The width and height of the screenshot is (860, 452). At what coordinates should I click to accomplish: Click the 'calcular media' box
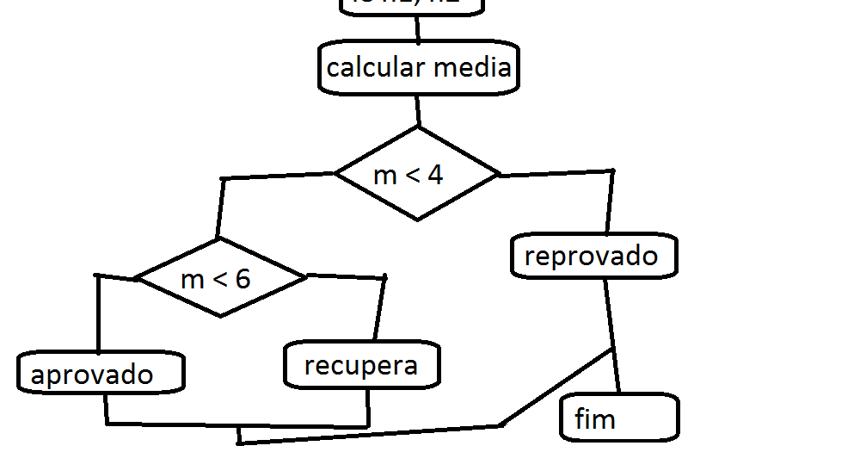tap(419, 68)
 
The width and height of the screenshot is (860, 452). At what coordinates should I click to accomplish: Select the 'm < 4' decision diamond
tap(417, 174)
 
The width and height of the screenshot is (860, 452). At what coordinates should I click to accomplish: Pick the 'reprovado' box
tap(593, 257)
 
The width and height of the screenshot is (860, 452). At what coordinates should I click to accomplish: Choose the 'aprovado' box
tap(101, 374)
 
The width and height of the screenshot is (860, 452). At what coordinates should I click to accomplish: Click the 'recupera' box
tap(362, 365)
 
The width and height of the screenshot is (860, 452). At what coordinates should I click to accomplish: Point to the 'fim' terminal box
tap(619, 418)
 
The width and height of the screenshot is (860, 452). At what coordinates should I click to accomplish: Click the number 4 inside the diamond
tap(435, 175)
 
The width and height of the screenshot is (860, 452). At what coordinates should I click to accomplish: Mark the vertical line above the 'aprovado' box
tap(99, 314)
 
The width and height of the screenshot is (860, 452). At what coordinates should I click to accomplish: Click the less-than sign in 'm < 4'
tap(411, 176)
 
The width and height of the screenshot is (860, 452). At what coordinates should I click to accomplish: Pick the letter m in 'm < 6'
tap(193, 279)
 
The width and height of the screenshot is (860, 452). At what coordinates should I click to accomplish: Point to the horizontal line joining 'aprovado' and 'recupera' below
tap(236, 425)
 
